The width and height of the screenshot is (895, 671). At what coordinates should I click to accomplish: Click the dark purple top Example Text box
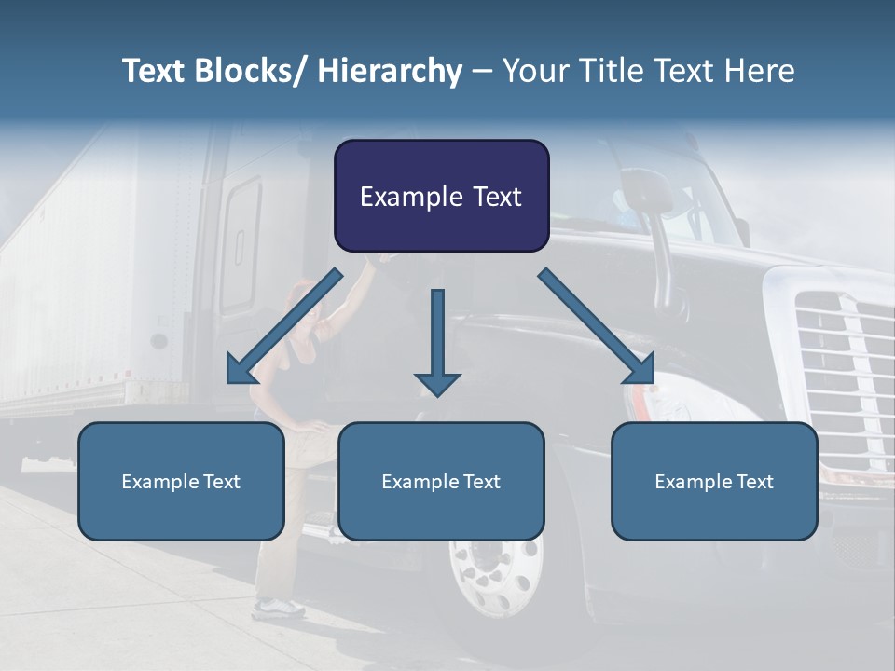[441, 196]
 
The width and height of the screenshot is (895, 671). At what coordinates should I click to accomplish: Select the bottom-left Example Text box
[181, 481]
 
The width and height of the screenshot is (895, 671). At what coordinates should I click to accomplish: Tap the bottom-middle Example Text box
[441, 481]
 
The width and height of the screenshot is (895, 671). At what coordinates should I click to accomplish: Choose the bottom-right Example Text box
[714, 481]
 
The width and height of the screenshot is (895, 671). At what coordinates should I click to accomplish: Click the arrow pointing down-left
[284, 326]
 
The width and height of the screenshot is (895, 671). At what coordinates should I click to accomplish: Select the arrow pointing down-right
[597, 326]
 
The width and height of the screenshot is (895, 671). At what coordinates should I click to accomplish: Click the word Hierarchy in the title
[390, 71]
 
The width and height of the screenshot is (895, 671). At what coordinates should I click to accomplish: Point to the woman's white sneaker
[277, 609]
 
